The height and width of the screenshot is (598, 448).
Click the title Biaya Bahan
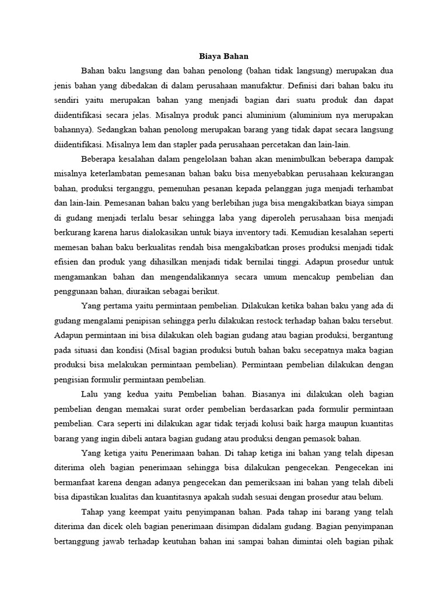tap(224, 57)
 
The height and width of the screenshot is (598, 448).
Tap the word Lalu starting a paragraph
tap(91, 395)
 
